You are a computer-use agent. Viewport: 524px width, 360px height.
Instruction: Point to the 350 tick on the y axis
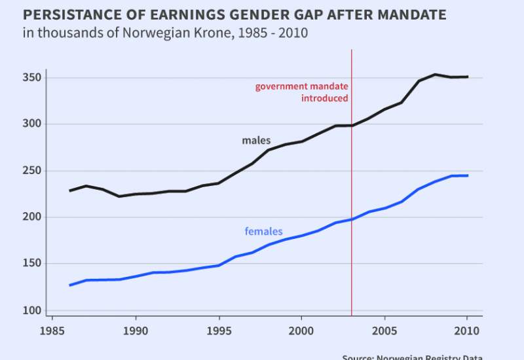(x=31, y=78)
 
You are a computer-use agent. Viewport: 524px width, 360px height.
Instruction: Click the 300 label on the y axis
(x=31, y=124)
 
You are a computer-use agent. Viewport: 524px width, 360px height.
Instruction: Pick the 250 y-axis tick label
(x=31, y=171)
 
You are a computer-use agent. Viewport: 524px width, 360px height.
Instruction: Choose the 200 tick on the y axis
(x=31, y=217)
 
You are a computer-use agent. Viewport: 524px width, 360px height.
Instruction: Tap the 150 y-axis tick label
(x=31, y=264)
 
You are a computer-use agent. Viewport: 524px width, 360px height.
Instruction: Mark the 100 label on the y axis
(x=31, y=310)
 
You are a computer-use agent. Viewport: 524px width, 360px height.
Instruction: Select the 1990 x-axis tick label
(x=136, y=330)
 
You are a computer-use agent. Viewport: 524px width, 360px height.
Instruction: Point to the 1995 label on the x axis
(x=218, y=330)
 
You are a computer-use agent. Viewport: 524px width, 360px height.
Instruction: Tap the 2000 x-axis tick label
(x=301, y=330)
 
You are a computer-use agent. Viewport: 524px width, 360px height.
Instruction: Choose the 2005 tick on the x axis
(x=384, y=330)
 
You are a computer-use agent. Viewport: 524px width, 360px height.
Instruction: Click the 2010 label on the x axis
(x=466, y=330)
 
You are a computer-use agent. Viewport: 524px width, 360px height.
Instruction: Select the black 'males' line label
(x=256, y=141)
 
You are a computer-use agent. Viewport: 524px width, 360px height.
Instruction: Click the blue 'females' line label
(x=263, y=231)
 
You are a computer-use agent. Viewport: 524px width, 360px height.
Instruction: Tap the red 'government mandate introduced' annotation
(x=302, y=92)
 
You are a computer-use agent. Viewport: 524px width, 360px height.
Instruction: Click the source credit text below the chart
(x=412, y=357)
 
